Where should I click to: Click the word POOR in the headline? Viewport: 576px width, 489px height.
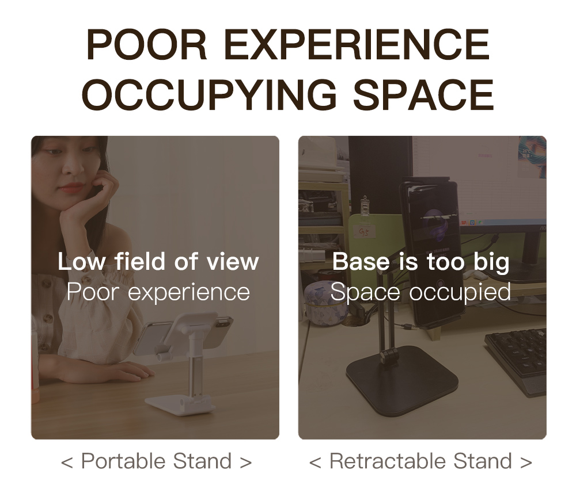point(147,44)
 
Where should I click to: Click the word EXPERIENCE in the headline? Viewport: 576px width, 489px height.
point(357,44)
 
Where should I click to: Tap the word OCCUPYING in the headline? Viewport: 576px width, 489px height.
point(209,95)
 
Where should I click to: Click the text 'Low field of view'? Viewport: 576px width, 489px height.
point(158,262)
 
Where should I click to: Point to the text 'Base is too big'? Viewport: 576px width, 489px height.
point(421,262)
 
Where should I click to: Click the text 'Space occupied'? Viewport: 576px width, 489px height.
point(420,292)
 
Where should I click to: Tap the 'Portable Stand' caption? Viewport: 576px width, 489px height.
point(157,461)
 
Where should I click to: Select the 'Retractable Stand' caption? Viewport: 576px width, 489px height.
point(420,461)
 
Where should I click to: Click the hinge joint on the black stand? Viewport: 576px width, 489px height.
point(389,358)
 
